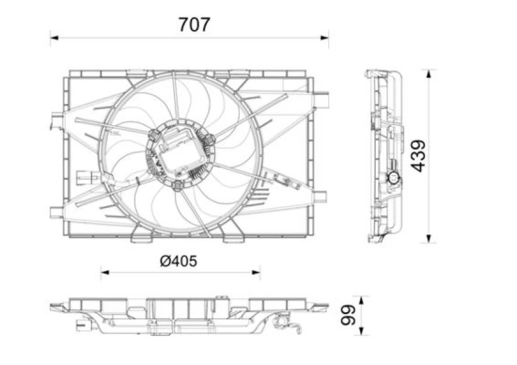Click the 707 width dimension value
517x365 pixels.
[194, 25]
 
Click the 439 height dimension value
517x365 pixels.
[419, 156]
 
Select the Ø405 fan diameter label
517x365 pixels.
[179, 261]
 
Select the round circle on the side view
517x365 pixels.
[393, 177]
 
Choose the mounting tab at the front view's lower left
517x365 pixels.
[56, 212]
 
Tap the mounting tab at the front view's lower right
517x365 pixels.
[320, 197]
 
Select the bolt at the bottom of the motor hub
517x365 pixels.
[177, 186]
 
